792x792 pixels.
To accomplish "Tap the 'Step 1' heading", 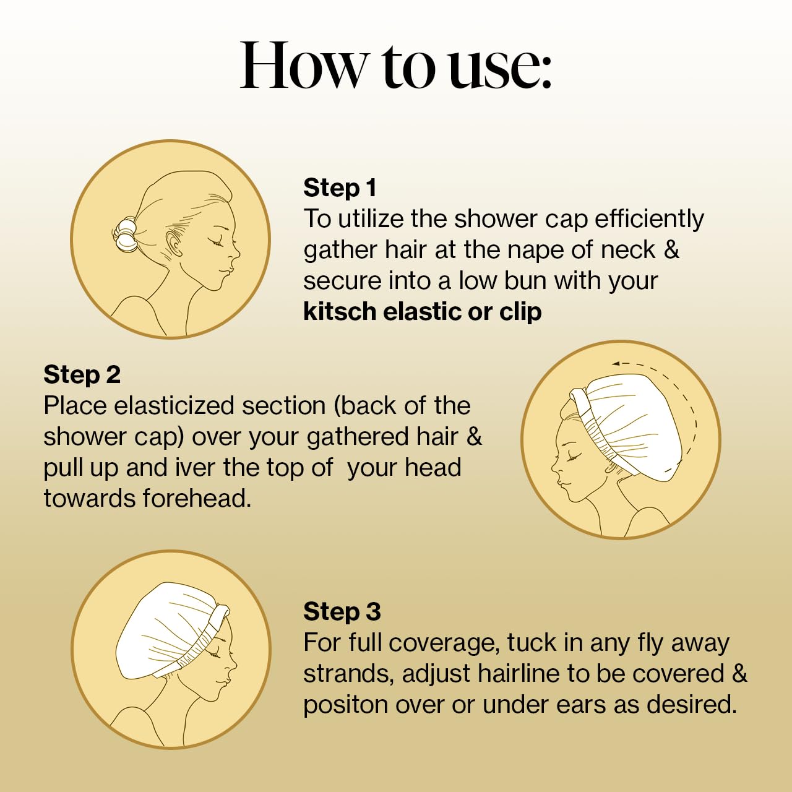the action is [340, 187].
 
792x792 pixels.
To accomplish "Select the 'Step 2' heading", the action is [82, 375].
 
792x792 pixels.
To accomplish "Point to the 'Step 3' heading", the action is [342, 611].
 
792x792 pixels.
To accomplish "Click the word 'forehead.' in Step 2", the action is [197, 498].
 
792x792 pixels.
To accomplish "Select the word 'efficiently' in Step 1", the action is [649, 218].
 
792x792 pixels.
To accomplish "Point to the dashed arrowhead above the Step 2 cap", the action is [616, 363].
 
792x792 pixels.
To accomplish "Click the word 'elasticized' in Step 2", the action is [173, 406].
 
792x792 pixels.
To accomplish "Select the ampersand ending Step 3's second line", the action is [739, 674].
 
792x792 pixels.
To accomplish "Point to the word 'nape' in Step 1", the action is [533, 251].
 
